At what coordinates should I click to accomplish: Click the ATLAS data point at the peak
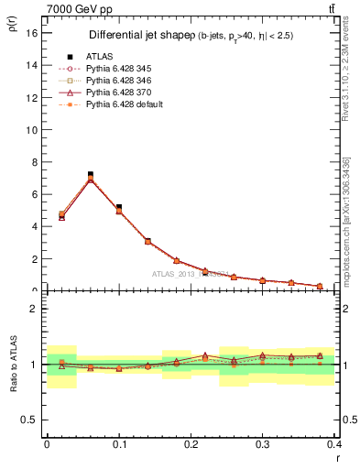pyautogui.click(x=90, y=174)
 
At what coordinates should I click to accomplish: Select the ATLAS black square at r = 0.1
pyautogui.click(x=119, y=208)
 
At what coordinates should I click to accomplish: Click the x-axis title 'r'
pyautogui.click(x=337, y=458)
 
